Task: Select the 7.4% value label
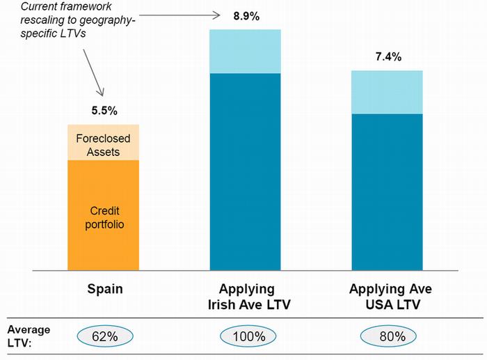pyautogui.click(x=388, y=57)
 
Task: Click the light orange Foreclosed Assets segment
pyautogui.click(x=104, y=143)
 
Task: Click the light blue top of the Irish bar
pyautogui.click(x=246, y=52)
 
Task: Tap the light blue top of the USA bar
pyautogui.click(x=388, y=92)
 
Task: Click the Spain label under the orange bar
pyautogui.click(x=105, y=288)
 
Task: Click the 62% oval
pyautogui.click(x=104, y=336)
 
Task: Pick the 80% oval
pyautogui.click(x=388, y=336)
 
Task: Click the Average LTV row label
pyautogui.click(x=26, y=336)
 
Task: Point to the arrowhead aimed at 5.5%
pyautogui.click(x=102, y=93)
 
